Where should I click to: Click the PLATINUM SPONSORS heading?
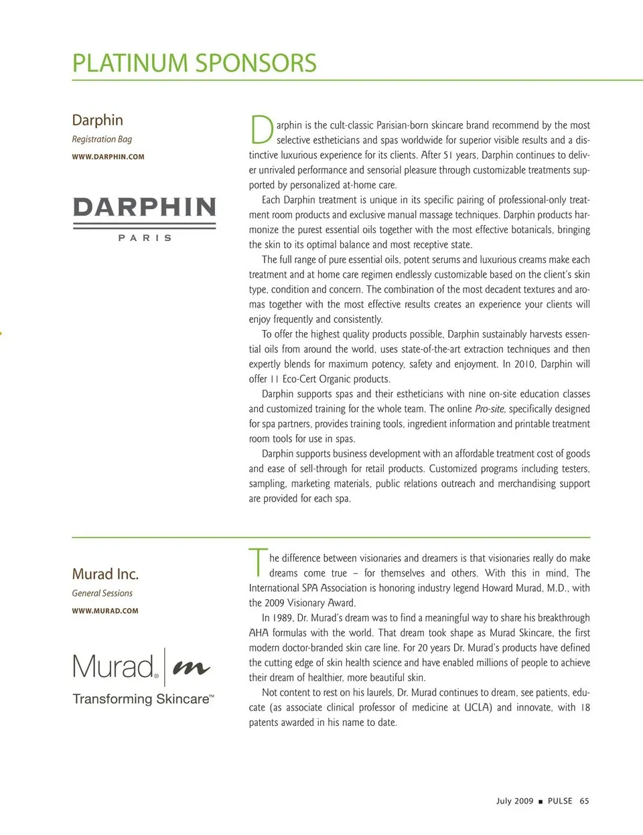[x=194, y=64]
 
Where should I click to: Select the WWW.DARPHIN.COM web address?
[x=108, y=157]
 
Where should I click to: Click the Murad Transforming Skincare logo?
[x=143, y=677]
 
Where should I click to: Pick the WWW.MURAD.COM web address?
[x=105, y=611]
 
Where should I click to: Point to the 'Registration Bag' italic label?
[x=102, y=139]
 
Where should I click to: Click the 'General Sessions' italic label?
[x=102, y=593]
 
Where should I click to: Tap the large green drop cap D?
[x=261, y=130]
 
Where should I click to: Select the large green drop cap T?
[x=258, y=562]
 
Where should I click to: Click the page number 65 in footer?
[x=585, y=801]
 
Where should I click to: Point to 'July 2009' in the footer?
[x=514, y=801]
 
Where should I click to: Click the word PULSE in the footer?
[x=560, y=801]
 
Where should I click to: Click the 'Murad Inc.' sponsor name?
[x=105, y=574]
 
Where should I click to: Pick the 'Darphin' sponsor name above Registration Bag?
[x=98, y=121]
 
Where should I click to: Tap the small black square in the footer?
[x=541, y=802]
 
